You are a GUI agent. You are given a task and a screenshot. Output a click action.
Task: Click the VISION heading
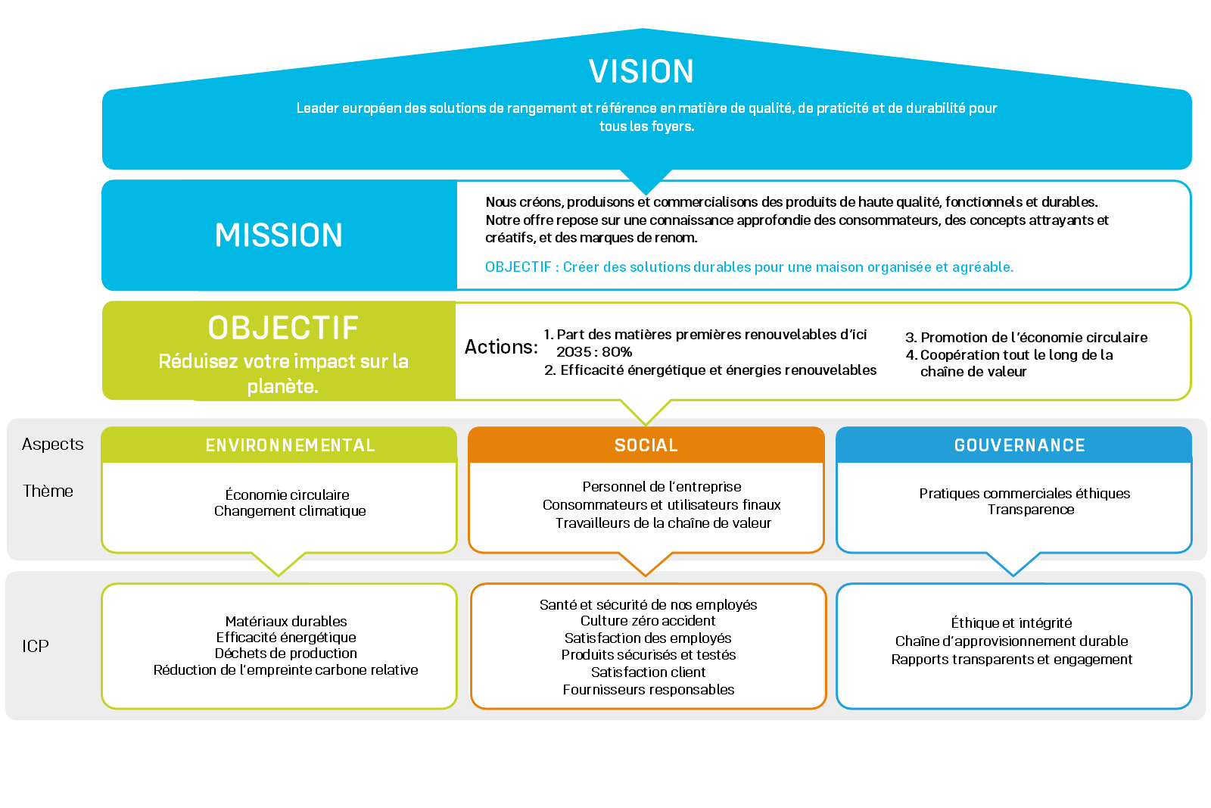(641, 72)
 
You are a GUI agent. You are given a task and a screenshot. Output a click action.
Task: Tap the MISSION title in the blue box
(279, 236)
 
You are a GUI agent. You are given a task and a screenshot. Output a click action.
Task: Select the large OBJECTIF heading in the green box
(283, 328)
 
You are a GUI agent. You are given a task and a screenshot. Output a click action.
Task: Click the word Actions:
(501, 347)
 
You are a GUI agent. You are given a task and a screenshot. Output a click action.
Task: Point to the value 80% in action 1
(617, 352)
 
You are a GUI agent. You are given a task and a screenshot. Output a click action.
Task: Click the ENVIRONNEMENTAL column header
(290, 445)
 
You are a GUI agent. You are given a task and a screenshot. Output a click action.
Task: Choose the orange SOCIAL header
(646, 445)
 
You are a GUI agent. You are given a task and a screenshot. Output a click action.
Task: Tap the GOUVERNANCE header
(1019, 445)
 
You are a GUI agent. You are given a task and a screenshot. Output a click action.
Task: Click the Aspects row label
(52, 445)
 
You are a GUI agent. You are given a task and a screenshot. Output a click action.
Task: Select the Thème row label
(48, 491)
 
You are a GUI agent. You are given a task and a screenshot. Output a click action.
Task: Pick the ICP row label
(36, 647)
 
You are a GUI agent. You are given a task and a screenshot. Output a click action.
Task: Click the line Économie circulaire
(287, 495)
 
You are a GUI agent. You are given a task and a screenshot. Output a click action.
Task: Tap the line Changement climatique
(290, 511)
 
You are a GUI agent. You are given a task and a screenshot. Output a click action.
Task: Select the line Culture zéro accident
(648, 621)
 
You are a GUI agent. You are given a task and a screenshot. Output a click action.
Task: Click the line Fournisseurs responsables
(649, 690)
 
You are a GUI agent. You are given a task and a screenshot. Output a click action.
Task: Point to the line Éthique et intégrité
(1011, 623)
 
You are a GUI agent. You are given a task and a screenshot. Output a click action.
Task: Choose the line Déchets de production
(285, 654)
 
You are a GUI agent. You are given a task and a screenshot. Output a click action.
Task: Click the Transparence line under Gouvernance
(1030, 510)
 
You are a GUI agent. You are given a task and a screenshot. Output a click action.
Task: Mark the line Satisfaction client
(648, 672)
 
